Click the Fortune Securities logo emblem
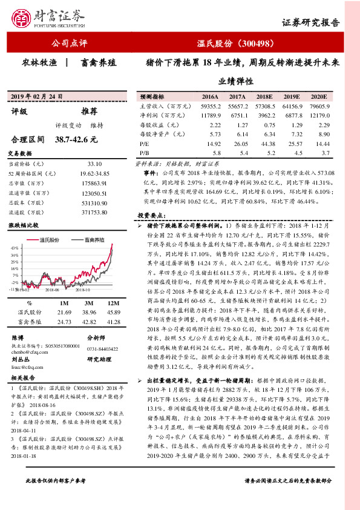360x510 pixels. pos(23,16)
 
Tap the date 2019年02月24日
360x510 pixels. pos(36,97)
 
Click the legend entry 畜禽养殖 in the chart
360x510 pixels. pos(90,240)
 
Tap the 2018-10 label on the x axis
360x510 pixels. pos(83,290)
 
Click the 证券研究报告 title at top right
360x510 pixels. pos(319,23)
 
